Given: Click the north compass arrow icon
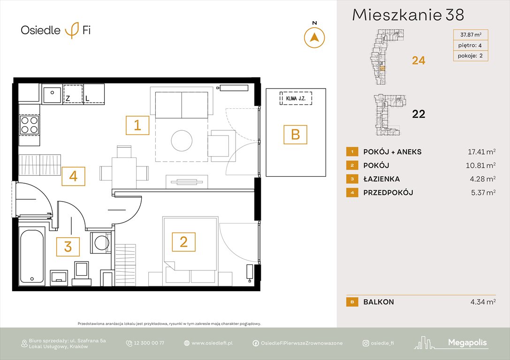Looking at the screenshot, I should pyautogui.click(x=314, y=37).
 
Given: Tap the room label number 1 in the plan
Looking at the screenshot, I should pyautogui.click(x=137, y=125).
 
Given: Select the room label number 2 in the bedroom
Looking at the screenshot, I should pyautogui.click(x=183, y=242).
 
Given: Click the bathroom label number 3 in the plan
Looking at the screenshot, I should pyautogui.click(x=68, y=247).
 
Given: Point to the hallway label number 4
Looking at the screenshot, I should pyautogui.click(x=73, y=176).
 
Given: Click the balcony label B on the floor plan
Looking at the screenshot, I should pyautogui.click(x=295, y=135).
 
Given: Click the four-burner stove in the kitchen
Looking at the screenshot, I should pyautogui.click(x=30, y=125).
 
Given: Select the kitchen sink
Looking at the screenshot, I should pyautogui.click(x=52, y=95).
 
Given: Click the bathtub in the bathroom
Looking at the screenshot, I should pyautogui.click(x=32, y=256).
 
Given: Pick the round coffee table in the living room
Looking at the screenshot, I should pyautogui.click(x=182, y=140).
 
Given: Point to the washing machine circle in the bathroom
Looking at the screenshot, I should pyautogui.click(x=101, y=243).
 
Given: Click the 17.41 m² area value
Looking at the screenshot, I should pyautogui.click(x=478, y=152).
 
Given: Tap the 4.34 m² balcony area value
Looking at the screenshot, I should pyautogui.click(x=478, y=302).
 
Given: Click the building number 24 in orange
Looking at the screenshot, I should pyautogui.click(x=418, y=60).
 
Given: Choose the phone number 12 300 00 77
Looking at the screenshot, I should pyautogui.click(x=148, y=343).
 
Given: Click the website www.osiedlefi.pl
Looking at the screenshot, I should pyautogui.click(x=212, y=343).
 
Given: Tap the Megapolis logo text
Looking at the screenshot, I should pyautogui.click(x=468, y=343).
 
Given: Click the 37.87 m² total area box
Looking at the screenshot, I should pyautogui.click(x=470, y=34).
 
